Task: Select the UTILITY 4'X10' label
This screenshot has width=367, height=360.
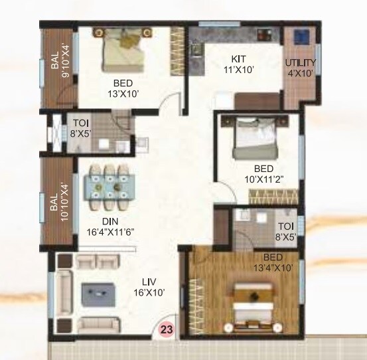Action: click(x=301, y=68)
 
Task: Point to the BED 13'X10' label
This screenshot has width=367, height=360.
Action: click(x=123, y=88)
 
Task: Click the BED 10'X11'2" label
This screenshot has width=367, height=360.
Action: click(x=263, y=173)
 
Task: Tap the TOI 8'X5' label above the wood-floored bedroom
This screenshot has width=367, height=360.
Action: click(x=286, y=229)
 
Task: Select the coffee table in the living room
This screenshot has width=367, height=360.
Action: click(x=97, y=292)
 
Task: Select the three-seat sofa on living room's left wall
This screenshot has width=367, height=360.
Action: click(x=64, y=293)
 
